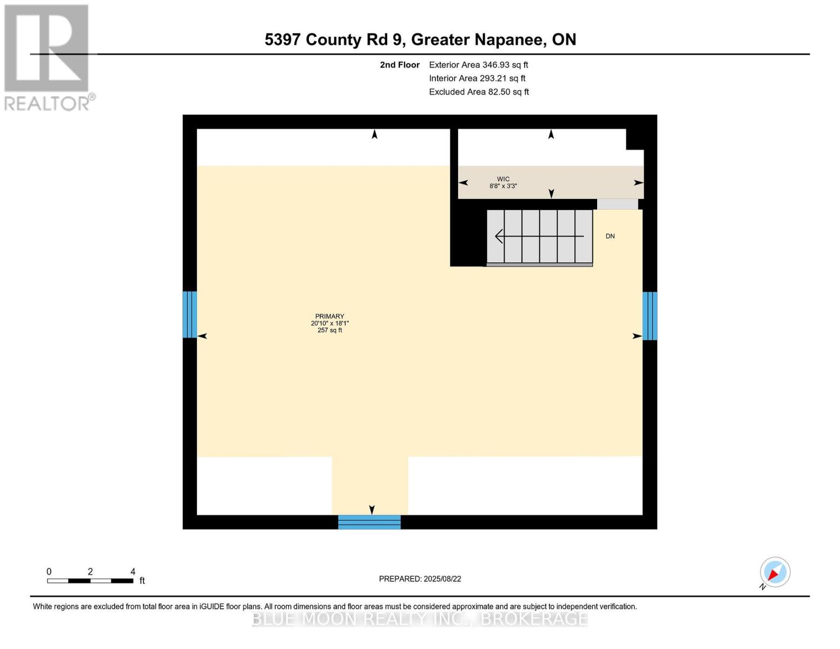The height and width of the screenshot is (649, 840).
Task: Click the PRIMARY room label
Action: pos(329,316)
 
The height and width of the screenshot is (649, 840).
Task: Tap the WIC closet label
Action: pos(503,179)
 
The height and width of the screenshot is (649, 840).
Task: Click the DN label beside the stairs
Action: pos(610,236)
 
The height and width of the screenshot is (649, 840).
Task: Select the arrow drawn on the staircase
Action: pos(539,236)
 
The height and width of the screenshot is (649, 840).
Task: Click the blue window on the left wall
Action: pos(189,314)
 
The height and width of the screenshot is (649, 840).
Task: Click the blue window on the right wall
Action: pos(650,316)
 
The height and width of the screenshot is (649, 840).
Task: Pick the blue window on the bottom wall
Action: pos(369,522)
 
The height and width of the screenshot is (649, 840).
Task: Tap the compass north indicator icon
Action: pos(775,572)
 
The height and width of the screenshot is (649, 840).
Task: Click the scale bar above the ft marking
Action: pos(90,581)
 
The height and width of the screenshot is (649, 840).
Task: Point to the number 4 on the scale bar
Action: pos(133,572)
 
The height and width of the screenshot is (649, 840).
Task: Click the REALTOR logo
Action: pos(48,57)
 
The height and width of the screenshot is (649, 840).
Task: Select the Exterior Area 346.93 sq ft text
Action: pos(478,65)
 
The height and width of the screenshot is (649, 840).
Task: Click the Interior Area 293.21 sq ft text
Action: pos(477,78)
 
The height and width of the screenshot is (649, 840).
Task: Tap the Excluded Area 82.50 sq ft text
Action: pos(479,92)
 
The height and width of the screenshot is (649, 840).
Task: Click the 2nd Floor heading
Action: pos(400,65)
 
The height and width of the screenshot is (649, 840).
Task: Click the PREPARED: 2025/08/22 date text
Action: pos(420,579)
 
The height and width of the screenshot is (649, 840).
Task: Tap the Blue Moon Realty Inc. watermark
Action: pos(420,619)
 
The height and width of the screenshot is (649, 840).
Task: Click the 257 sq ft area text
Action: pos(329,330)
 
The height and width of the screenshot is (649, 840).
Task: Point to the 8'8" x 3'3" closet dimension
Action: pos(503,186)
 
